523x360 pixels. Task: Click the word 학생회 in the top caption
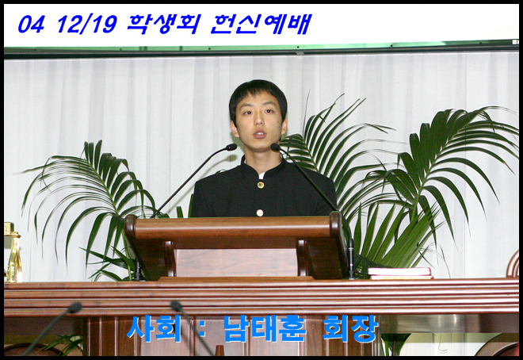(163, 24)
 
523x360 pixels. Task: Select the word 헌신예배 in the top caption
(261, 24)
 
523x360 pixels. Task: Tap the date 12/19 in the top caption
(86, 25)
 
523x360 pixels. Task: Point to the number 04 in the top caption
(31, 25)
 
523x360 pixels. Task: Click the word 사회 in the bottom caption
(154, 328)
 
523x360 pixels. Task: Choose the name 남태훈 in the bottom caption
(265, 328)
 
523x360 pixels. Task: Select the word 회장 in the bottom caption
(350, 328)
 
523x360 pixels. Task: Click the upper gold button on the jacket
(260, 185)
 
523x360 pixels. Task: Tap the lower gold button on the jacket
(259, 213)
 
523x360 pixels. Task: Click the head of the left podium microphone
(231, 147)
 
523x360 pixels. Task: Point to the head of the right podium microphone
(276, 147)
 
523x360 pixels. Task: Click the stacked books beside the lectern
(400, 273)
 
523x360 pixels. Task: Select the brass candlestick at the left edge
(13, 253)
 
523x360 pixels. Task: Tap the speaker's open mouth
(259, 134)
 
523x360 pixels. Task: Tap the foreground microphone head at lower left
(74, 308)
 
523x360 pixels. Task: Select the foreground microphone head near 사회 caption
(177, 306)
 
